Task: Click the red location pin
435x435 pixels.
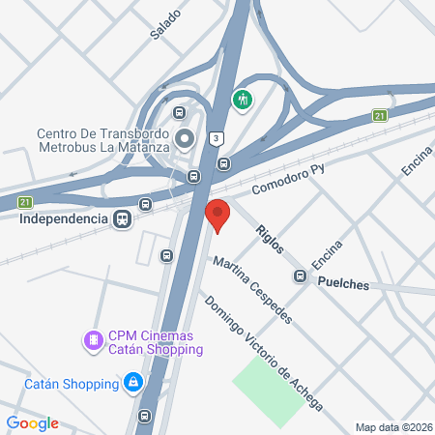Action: point(217,215)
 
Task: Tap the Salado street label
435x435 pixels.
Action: point(165,24)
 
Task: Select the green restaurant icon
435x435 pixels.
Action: point(242,99)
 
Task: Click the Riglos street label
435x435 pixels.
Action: point(269,239)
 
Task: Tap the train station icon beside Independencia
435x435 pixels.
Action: point(122,218)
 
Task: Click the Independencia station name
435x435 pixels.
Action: point(62,218)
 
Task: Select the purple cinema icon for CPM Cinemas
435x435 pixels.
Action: point(93,339)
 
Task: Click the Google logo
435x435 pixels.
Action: point(32,423)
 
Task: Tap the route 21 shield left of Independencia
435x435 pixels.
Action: point(25,201)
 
